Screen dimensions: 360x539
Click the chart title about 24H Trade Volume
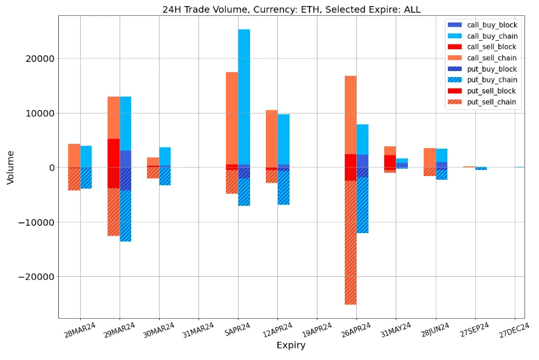click(x=291, y=9)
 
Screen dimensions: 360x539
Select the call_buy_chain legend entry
click(x=492, y=36)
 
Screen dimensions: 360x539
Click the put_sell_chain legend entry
click(x=492, y=102)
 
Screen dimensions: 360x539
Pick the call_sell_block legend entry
click(x=492, y=47)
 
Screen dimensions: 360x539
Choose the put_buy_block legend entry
click(x=492, y=69)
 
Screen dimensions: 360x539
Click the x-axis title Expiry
click(x=291, y=345)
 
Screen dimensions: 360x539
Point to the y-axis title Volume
click(x=10, y=167)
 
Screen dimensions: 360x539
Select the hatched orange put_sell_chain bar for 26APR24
click(x=350, y=243)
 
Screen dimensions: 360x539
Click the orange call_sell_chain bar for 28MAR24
click(x=74, y=155)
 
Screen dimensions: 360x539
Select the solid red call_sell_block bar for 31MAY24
click(x=390, y=161)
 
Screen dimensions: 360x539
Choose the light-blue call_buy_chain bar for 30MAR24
click(x=165, y=157)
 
